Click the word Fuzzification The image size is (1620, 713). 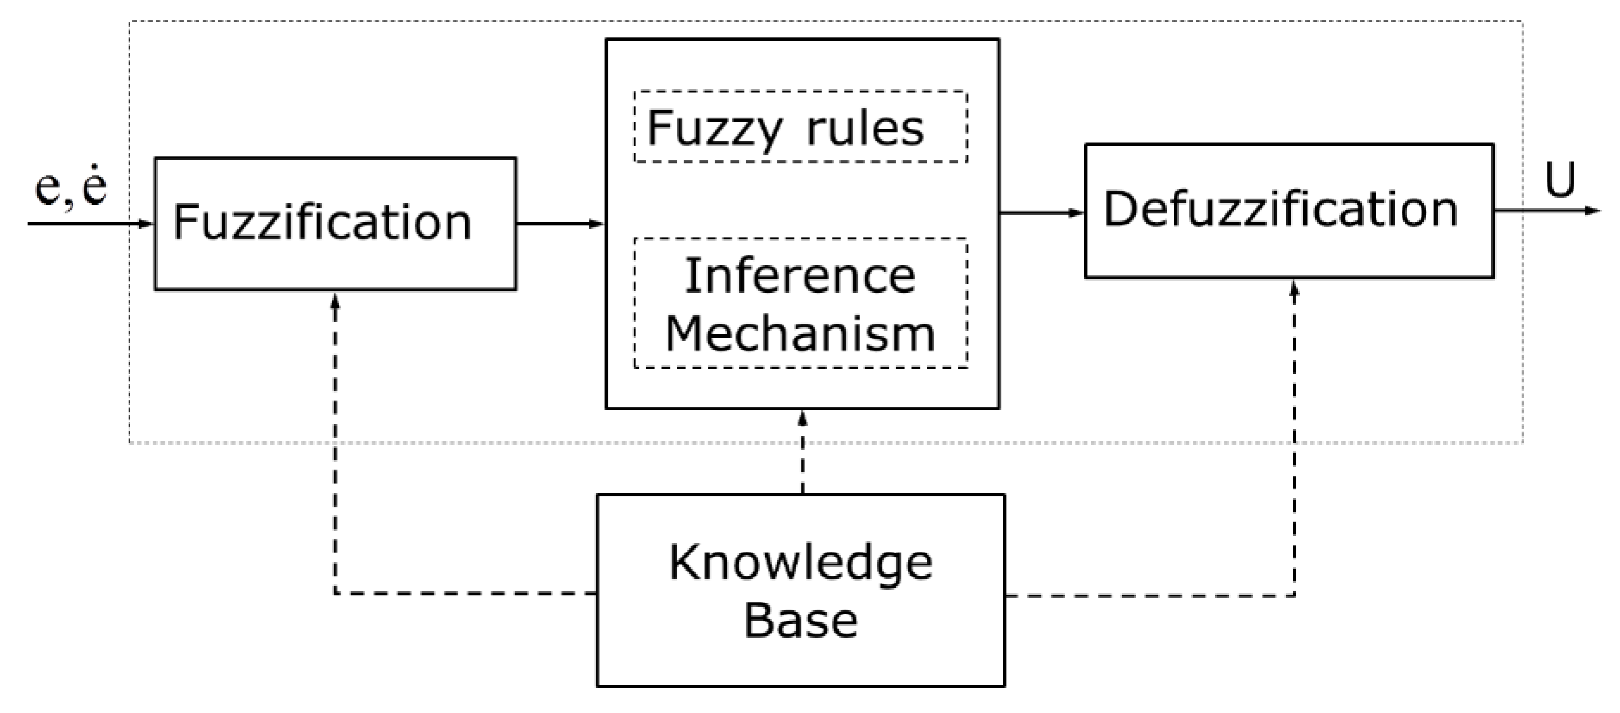click(322, 223)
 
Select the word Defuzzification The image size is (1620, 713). click(1280, 210)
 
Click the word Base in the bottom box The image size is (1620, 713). click(801, 621)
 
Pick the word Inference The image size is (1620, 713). click(801, 276)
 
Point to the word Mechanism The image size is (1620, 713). click(801, 334)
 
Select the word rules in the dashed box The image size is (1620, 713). click(865, 129)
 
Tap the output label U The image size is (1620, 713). click(1560, 180)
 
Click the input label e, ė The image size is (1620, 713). click(71, 188)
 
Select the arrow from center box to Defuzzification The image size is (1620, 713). click(1042, 213)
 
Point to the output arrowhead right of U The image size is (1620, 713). click(1593, 211)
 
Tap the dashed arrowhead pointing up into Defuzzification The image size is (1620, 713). click(1294, 289)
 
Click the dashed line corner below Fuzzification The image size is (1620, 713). click(335, 593)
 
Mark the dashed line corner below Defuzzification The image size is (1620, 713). click(1294, 595)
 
